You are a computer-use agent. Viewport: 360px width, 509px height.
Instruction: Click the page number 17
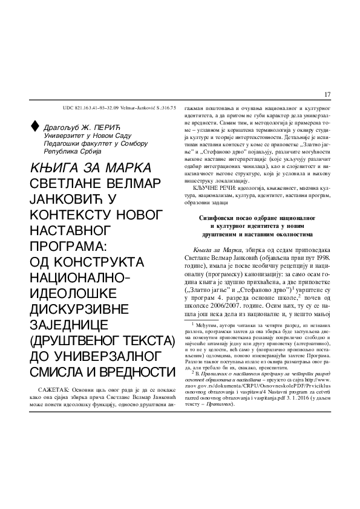(x=327, y=94)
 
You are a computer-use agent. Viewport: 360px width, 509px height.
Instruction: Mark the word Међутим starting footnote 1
(x=204, y=342)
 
